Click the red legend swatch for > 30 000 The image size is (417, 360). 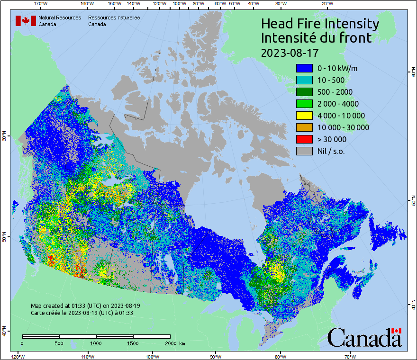tap(304, 139)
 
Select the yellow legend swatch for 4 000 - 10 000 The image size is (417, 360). tap(304, 116)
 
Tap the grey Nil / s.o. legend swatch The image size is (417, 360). tap(304, 151)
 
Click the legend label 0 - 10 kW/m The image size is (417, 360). tap(337, 68)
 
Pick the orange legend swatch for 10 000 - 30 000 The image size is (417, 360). tap(304, 127)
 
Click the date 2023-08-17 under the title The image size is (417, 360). tap(290, 52)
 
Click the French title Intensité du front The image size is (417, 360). tap(317, 38)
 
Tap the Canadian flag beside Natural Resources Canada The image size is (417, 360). tap(26, 20)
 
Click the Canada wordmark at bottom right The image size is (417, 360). tap(364, 337)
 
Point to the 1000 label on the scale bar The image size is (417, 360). tap(96, 343)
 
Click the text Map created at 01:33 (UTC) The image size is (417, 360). tap(85, 306)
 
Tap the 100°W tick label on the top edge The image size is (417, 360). tap(179, 4)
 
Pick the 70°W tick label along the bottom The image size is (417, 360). tap(350, 356)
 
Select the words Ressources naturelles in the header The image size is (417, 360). tap(114, 18)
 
